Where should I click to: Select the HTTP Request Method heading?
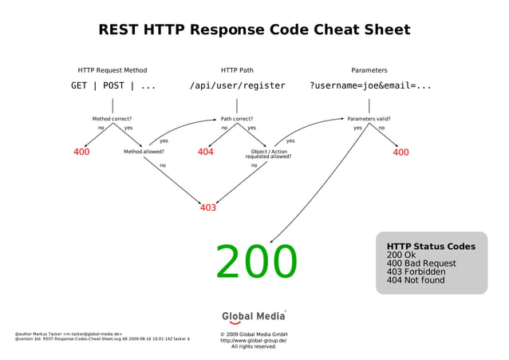[x=112, y=70]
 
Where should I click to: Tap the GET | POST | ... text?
[x=113, y=86]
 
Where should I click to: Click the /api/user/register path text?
[x=237, y=86]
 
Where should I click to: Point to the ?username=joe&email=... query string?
[x=370, y=86]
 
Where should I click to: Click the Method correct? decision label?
[x=112, y=119]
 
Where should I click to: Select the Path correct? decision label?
[x=237, y=119]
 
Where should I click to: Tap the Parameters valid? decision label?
[x=369, y=119]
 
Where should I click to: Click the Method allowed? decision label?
[x=144, y=151]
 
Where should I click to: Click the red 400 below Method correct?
[x=81, y=152]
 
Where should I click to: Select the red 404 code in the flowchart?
[x=205, y=152]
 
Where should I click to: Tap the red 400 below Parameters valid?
[x=400, y=152]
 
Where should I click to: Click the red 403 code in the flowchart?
[x=208, y=208]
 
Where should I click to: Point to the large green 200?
[x=256, y=262]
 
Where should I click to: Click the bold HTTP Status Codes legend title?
[x=431, y=247]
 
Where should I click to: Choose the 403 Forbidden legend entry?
[x=416, y=271]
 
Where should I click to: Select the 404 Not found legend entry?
[x=416, y=280]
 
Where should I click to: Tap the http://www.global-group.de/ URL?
[x=254, y=340]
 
